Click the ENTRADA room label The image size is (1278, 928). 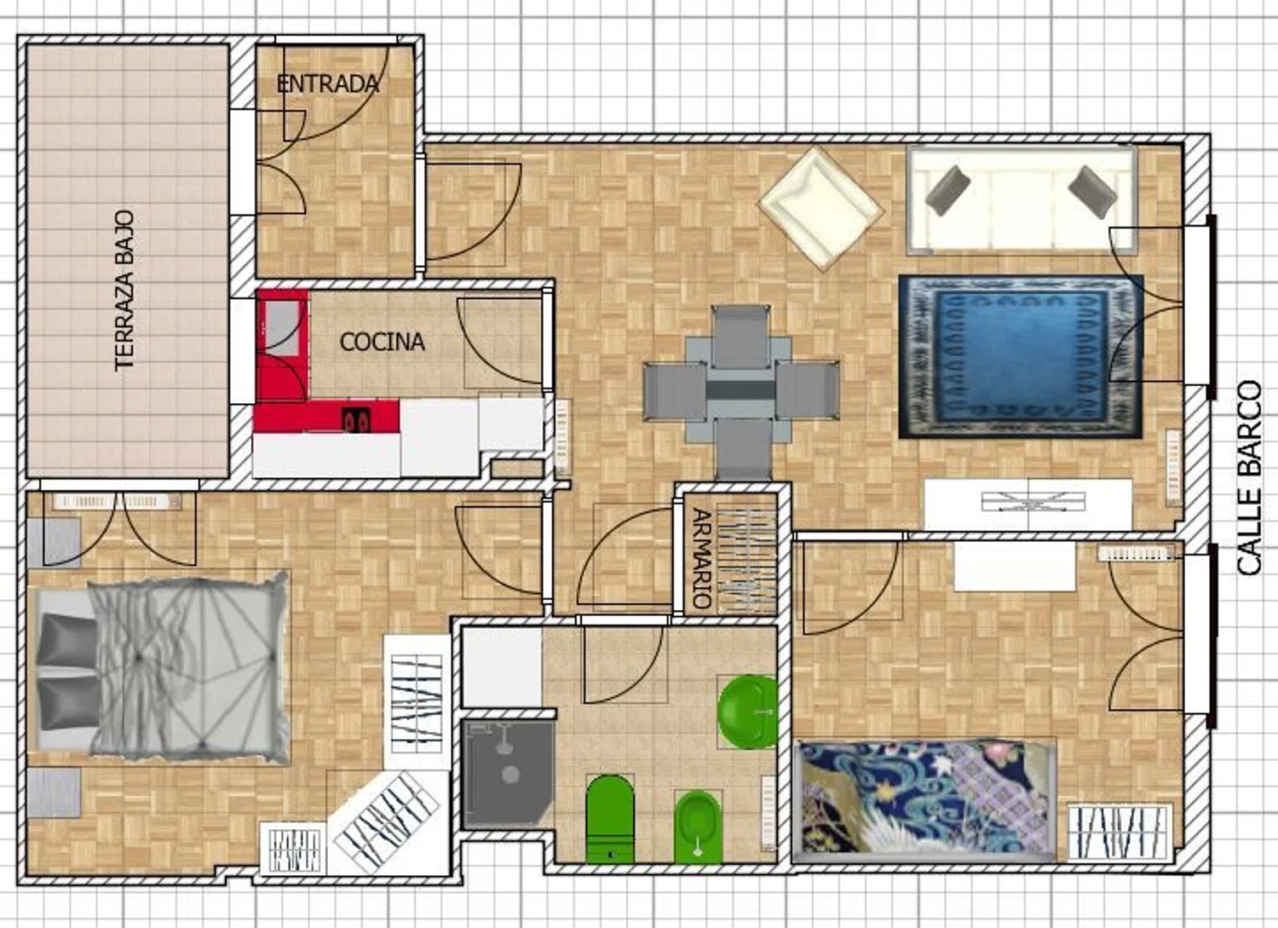click(x=327, y=84)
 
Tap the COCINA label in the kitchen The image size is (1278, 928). click(x=382, y=342)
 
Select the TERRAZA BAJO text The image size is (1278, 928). click(x=124, y=291)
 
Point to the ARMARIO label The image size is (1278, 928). click(x=702, y=559)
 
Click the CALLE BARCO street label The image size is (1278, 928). click(x=1250, y=478)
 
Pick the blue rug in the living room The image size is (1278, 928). click(x=1021, y=357)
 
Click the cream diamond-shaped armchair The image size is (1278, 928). click(x=821, y=208)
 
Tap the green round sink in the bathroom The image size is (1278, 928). click(x=748, y=712)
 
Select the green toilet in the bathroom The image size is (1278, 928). click(x=610, y=818)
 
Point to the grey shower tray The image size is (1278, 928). click(x=507, y=774)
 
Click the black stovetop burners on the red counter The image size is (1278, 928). click(x=356, y=419)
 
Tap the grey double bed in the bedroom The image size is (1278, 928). click(x=162, y=669)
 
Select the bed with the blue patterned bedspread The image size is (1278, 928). click(x=924, y=800)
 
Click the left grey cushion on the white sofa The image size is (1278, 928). click(x=947, y=191)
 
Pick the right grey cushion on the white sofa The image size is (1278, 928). click(x=1092, y=192)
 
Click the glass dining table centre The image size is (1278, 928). click(x=740, y=389)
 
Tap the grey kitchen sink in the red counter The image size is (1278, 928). click(x=282, y=327)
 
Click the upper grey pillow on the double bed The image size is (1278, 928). click(x=67, y=639)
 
